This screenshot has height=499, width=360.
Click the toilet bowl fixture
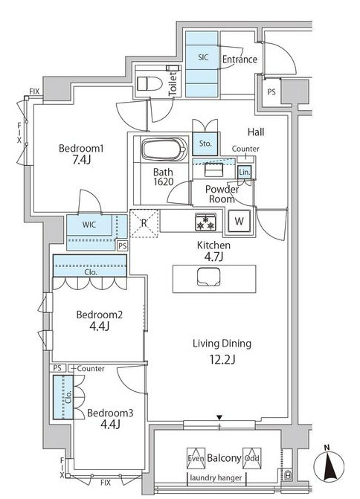(x=149, y=83)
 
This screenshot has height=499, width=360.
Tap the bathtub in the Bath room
(x=164, y=149)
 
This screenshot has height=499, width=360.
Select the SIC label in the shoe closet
(x=203, y=57)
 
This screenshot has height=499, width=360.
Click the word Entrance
(x=240, y=59)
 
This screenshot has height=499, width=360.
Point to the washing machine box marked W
(x=239, y=221)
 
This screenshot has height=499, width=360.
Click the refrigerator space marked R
(x=144, y=223)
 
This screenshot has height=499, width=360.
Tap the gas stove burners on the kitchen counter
(x=205, y=222)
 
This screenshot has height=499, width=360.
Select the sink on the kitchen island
(x=208, y=277)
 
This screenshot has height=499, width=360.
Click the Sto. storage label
(x=205, y=144)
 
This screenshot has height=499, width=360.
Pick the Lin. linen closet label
(x=245, y=173)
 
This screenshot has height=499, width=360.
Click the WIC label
(x=89, y=225)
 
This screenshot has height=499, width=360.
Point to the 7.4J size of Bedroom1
(x=82, y=159)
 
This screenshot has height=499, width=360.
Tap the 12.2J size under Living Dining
(x=222, y=360)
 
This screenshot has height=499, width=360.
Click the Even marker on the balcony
(x=196, y=458)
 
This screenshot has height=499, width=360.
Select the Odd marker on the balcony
(x=252, y=458)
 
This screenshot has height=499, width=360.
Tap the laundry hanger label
(x=216, y=477)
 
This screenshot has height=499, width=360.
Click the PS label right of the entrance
(x=271, y=92)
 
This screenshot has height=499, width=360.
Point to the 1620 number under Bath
(x=164, y=181)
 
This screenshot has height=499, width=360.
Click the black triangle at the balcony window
(x=219, y=417)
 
